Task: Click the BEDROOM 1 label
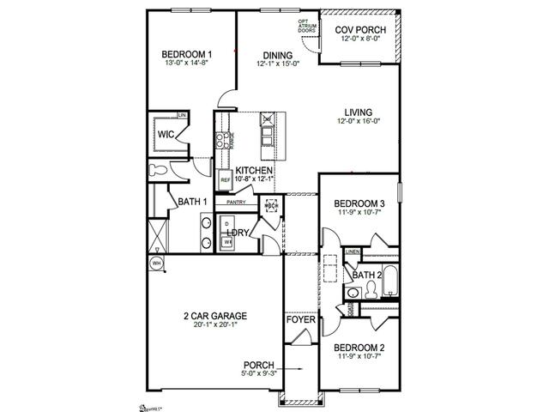coord(187,55)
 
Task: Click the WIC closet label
coord(166,134)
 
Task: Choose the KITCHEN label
coord(254,171)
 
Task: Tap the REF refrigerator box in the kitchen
coord(226,181)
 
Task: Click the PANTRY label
coord(236,203)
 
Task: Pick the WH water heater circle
coord(157,264)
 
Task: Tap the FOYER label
coord(301,320)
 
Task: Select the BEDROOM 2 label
coord(359,348)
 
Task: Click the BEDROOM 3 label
coord(359,203)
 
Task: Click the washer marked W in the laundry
coord(228,243)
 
